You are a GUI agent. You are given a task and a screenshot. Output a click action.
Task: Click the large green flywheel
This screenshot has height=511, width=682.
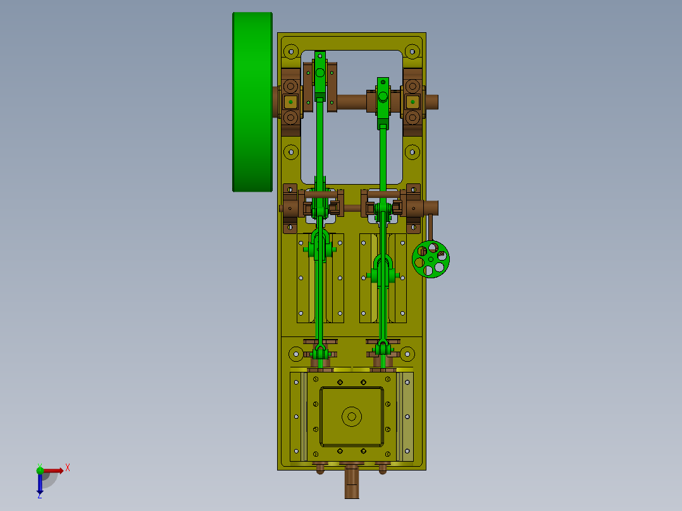coord(252,101)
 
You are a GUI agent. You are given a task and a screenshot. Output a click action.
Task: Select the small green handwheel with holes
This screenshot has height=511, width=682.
coord(430,258)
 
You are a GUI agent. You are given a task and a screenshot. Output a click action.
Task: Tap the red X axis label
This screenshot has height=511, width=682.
coord(68,468)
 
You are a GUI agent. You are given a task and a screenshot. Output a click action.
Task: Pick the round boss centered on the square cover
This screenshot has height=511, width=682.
coord(351,416)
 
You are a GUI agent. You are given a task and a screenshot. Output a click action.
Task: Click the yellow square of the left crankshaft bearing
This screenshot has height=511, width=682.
coord(290,101)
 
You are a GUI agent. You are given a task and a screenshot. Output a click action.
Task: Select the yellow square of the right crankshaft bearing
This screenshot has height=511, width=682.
coord(412,101)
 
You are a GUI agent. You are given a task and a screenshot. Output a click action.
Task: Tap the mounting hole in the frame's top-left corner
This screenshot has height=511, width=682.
coord(291,50)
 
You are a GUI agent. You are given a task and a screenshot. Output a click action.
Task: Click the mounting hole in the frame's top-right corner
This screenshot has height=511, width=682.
coord(412,50)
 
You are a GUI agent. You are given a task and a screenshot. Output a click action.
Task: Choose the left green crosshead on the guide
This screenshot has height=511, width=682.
coord(320,245)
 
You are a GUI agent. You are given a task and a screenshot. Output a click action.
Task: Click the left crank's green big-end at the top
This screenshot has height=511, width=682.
coord(320,73)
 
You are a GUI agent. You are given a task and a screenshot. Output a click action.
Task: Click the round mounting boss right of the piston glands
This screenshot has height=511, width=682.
coord(407,354)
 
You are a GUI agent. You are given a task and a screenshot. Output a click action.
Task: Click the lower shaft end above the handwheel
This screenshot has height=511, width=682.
coord(431,207)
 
